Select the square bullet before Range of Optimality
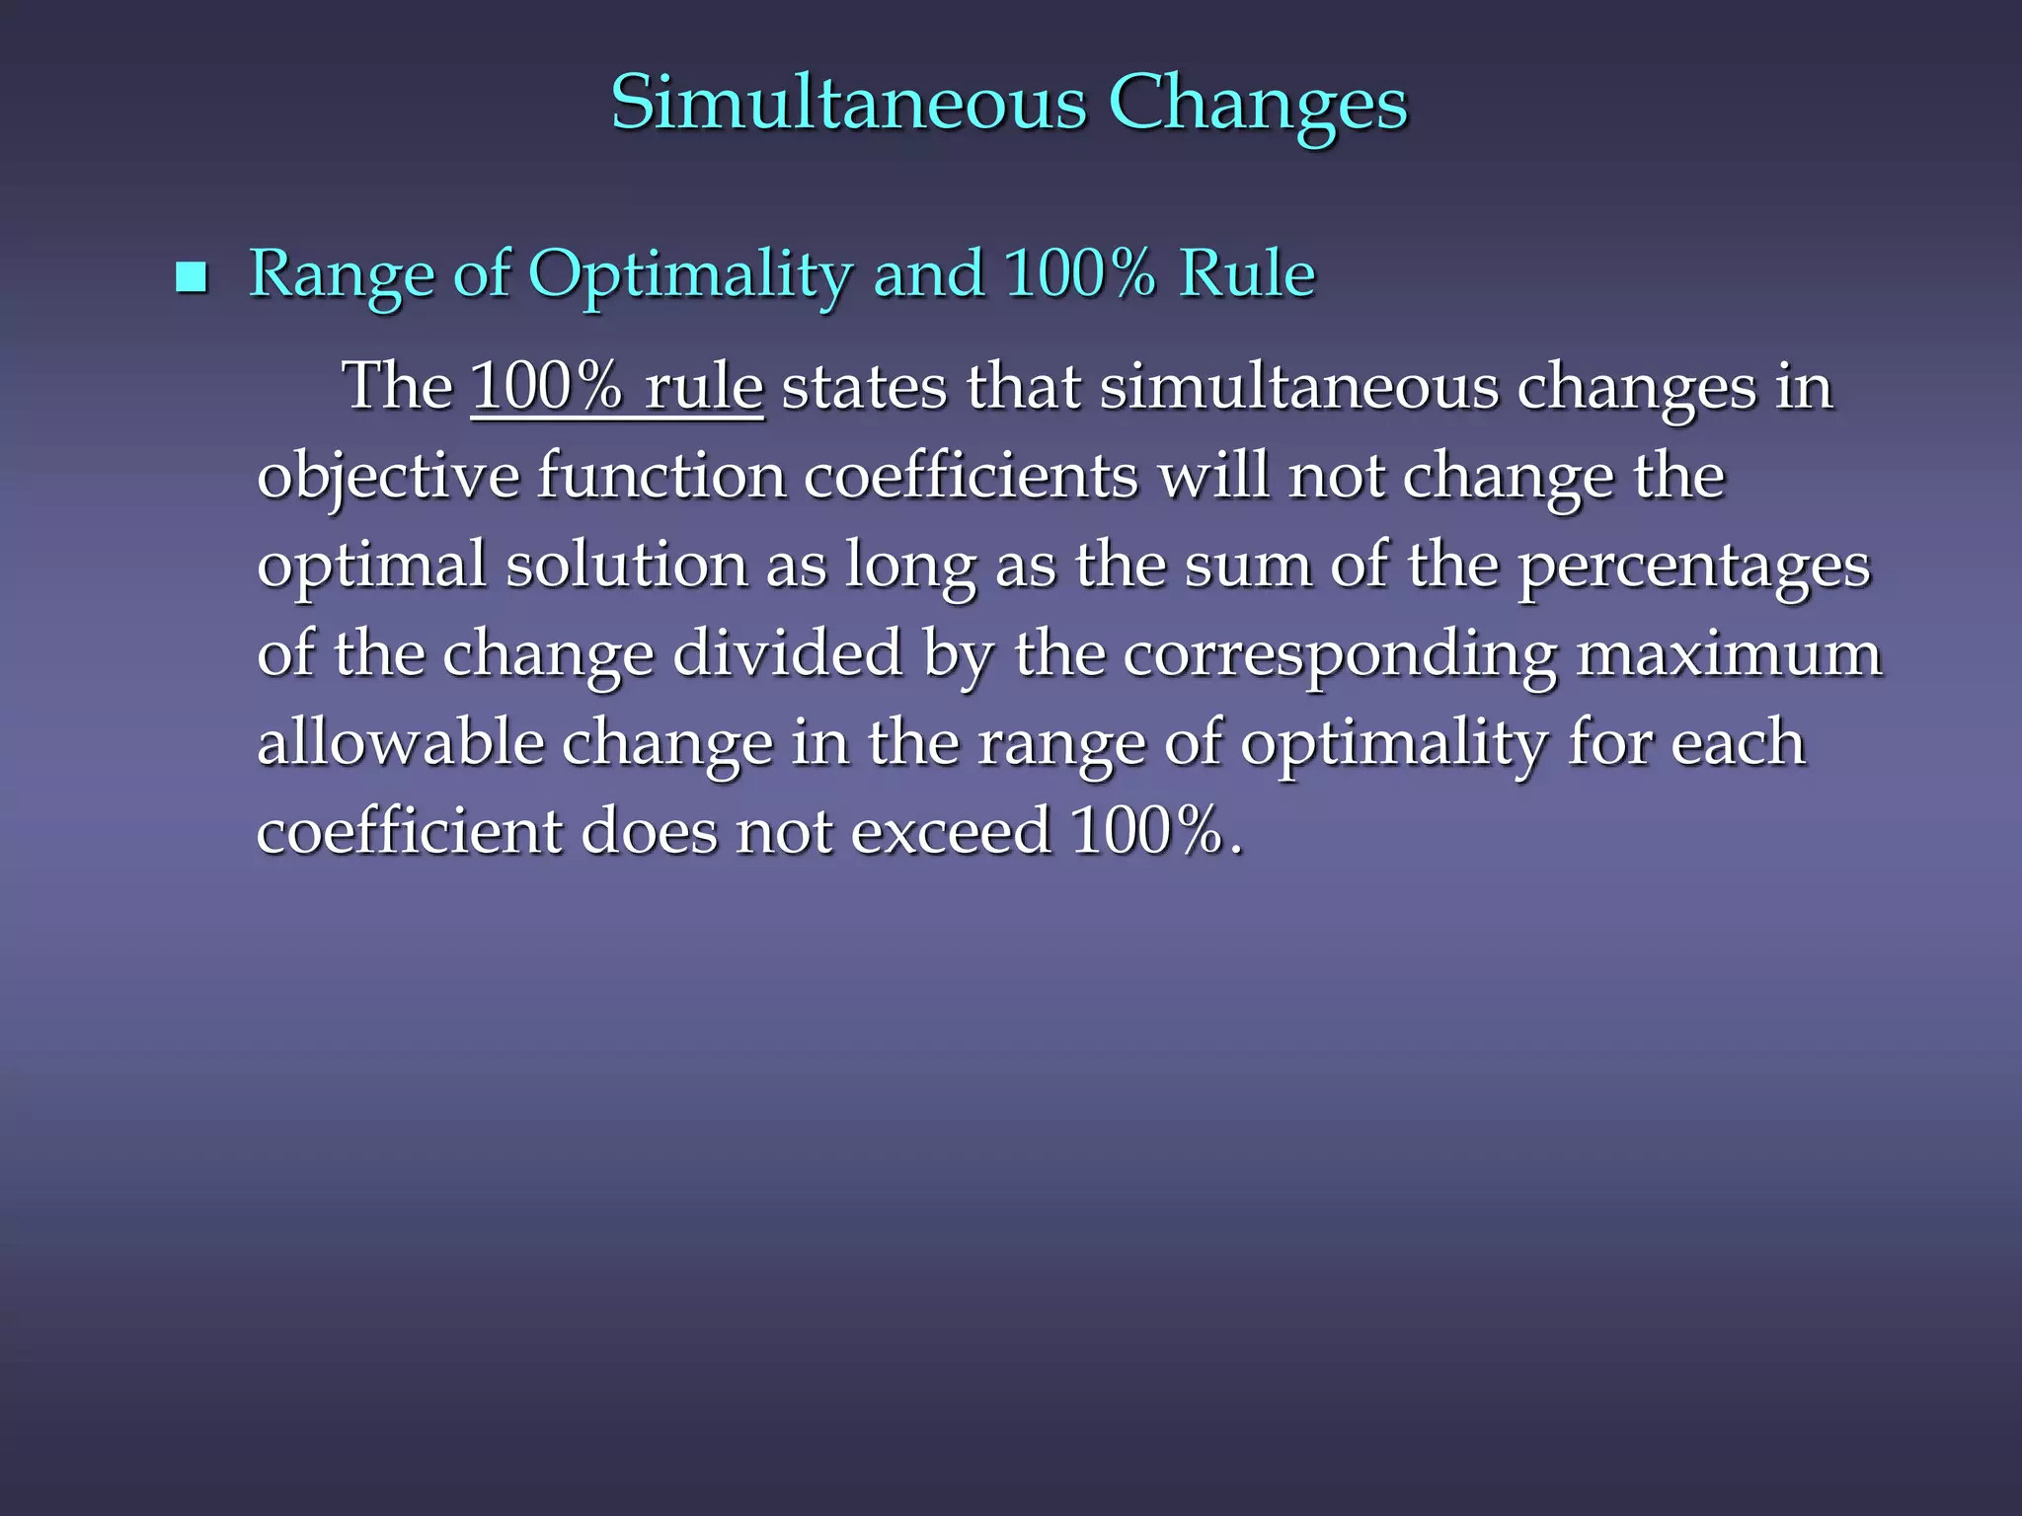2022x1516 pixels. tap(191, 277)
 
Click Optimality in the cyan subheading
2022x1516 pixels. tap(691, 274)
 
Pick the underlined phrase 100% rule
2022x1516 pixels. tap(617, 386)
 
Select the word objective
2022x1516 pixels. tap(387, 477)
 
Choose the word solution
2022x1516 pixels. tap(627, 565)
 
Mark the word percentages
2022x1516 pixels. tap(1693, 567)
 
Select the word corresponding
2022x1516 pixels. tap(1340, 654)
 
